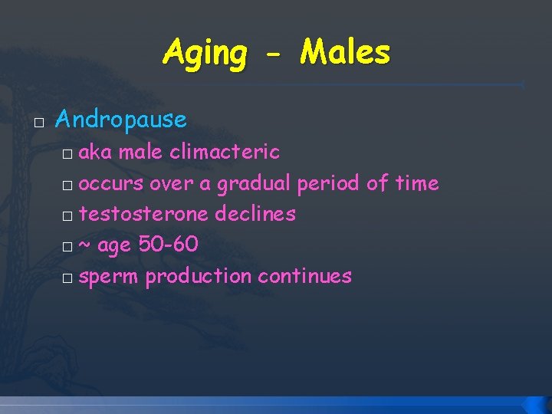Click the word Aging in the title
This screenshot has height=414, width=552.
[x=205, y=54]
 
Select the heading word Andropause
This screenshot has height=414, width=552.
[x=121, y=119]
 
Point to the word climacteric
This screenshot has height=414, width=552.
[x=225, y=152]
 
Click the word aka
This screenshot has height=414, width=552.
[x=97, y=152]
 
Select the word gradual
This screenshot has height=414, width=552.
[x=254, y=184]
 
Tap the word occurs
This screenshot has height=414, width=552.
[x=111, y=184]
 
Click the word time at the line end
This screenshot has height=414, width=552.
[x=417, y=183]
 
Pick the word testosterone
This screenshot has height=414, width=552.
[x=144, y=214]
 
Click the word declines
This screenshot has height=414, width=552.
[x=255, y=214]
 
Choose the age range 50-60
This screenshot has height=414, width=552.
[x=169, y=245]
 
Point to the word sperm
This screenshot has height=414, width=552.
[x=109, y=277]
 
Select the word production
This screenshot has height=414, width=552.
[x=199, y=276]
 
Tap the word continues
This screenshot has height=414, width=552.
[x=304, y=276]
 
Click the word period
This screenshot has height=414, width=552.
[x=329, y=184]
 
